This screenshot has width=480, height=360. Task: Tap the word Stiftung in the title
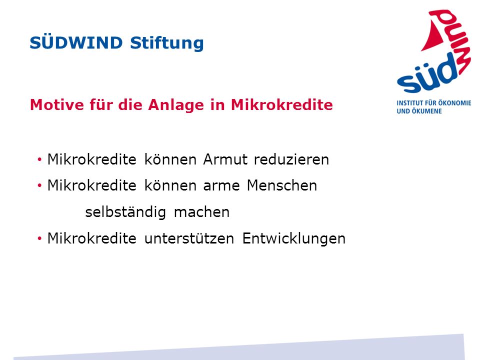tap(167, 43)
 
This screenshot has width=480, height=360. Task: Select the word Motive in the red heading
tap(57, 104)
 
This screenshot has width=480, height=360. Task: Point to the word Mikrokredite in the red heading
tap(281, 104)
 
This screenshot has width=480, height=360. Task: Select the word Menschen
tap(282, 185)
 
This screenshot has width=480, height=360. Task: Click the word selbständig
tap(125, 212)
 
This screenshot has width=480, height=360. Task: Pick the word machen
tap(201, 212)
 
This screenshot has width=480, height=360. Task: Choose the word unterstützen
tap(189, 238)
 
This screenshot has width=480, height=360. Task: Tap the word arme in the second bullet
tap(221, 186)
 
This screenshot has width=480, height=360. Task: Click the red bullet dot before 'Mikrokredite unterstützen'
tap(39, 238)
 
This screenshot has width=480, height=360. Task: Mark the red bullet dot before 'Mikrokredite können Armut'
tap(39, 159)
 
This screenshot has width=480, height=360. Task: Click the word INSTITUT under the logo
tap(409, 103)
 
